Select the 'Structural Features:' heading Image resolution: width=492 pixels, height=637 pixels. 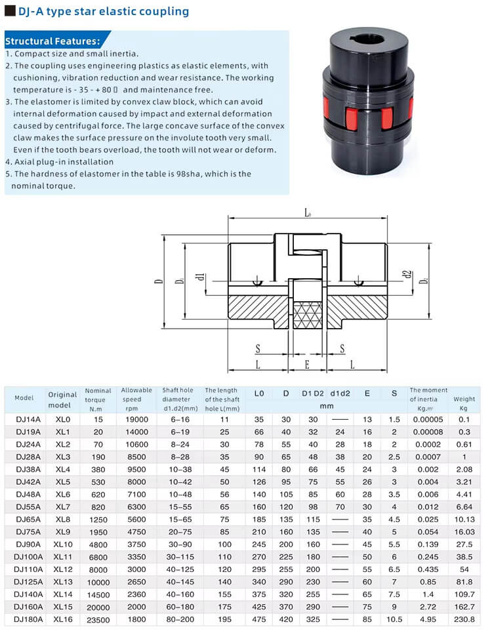click(x=52, y=41)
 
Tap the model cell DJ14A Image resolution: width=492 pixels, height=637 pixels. click(x=24, y=419)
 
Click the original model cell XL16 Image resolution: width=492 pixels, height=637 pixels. click(x=63, y=619)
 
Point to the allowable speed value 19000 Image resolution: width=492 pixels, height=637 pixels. click(x=136, y=419)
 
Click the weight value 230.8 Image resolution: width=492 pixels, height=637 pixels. click(x=464, y=619)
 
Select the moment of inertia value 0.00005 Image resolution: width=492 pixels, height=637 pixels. click(x=428, y=419)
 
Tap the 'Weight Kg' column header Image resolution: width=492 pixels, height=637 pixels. click(x=464, y=398)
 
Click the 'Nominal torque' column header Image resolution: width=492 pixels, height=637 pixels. click(x=98, y=399)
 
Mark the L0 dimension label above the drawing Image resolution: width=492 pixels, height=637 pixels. click(x=308, y=213)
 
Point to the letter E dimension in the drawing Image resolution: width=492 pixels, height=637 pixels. click(x=307, y=363)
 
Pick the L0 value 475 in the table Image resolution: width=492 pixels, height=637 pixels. click(x=258, y=619)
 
